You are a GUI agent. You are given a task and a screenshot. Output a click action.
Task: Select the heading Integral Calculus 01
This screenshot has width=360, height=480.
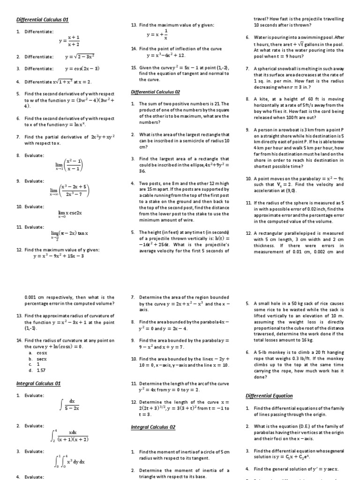39,383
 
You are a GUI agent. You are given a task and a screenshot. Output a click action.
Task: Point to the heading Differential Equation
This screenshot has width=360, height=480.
269,396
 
